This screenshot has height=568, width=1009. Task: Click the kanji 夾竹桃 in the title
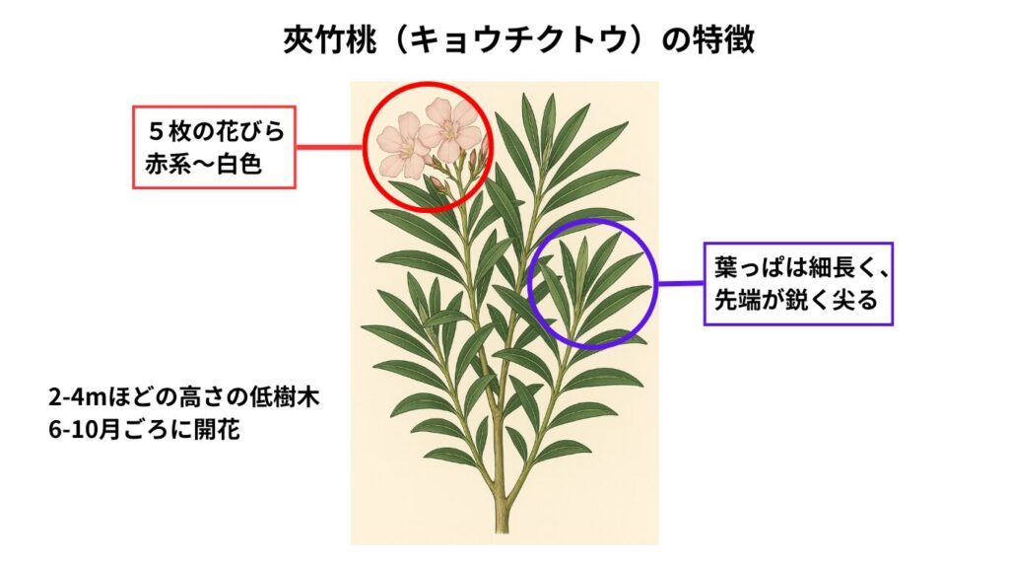320,40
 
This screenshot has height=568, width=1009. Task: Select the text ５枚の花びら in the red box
216,131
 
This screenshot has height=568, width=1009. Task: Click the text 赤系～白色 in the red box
203,165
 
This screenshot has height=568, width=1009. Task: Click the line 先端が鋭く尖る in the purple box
796,300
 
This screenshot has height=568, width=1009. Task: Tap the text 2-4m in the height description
77,397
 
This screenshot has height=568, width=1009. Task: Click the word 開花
217,430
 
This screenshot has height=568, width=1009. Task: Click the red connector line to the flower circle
329,147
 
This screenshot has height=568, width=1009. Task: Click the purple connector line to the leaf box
680,283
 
